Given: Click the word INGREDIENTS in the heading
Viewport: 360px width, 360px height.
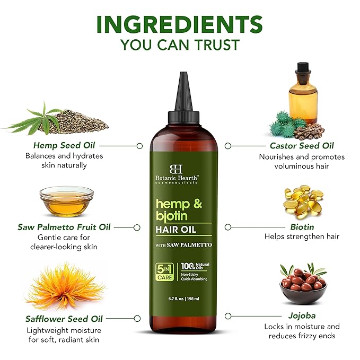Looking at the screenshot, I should (x=180, y=24).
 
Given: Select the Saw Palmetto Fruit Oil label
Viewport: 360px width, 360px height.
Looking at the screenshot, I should (x=64, y=227).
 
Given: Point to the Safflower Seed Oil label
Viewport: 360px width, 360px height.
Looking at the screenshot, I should (x=64, y=319).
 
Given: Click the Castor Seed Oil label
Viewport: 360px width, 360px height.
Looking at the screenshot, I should (x=302, y=146).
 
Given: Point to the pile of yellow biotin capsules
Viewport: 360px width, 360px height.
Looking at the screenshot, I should (x=303, y=200).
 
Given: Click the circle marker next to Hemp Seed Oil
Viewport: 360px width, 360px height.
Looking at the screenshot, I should (x=140, y=145).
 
